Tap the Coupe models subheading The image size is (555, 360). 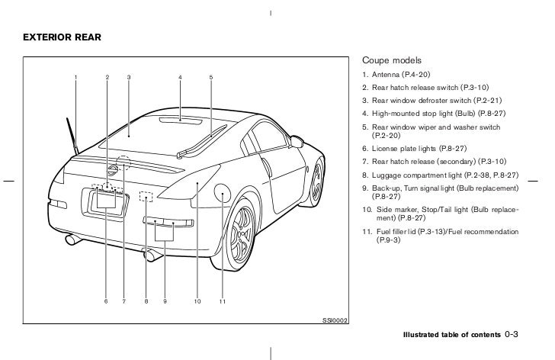coord(392,60)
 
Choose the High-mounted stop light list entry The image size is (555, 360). coord(434,113)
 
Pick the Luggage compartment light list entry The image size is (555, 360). coord(441,175)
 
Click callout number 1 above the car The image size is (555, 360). coord(75,77)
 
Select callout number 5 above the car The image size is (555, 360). coord(210,77)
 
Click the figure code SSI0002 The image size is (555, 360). coord(335,320)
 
